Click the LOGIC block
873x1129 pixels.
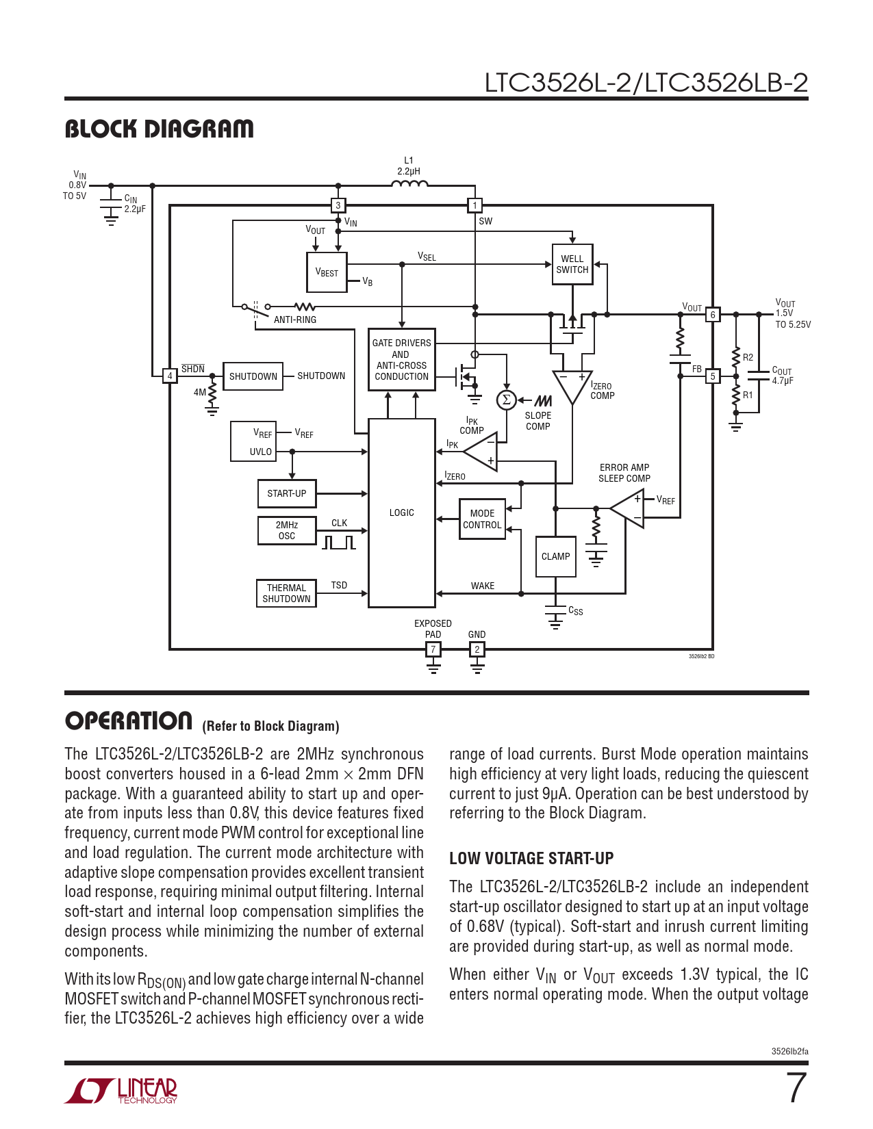(x=402, y=512)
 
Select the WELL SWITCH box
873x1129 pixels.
(x=572, y=264)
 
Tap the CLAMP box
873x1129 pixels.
(x=555, y=556)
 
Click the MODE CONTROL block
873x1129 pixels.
(x=482, y=519)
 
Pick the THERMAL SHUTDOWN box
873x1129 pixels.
(x=286, y=593)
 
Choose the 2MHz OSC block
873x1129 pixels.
(x=287, y=530)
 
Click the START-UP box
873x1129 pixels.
(x=287, y=493)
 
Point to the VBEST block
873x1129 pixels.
(x=327, y=272)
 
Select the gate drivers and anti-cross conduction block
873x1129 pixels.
(x=402, y=359)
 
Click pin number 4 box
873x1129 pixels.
(x=170, y=376)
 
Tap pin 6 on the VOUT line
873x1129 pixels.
(x=713, y=315)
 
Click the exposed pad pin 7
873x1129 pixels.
(x=433, y=649)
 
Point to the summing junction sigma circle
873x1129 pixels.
(x=506, y=400)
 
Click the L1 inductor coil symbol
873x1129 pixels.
(x=409, y=183)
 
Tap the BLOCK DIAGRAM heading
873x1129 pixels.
(x=159, y=129)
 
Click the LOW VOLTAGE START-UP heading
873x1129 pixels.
(x=531, y=858)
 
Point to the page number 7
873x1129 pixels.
(x=796, y=1088)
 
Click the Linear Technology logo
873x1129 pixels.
(x=121, y=1090)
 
